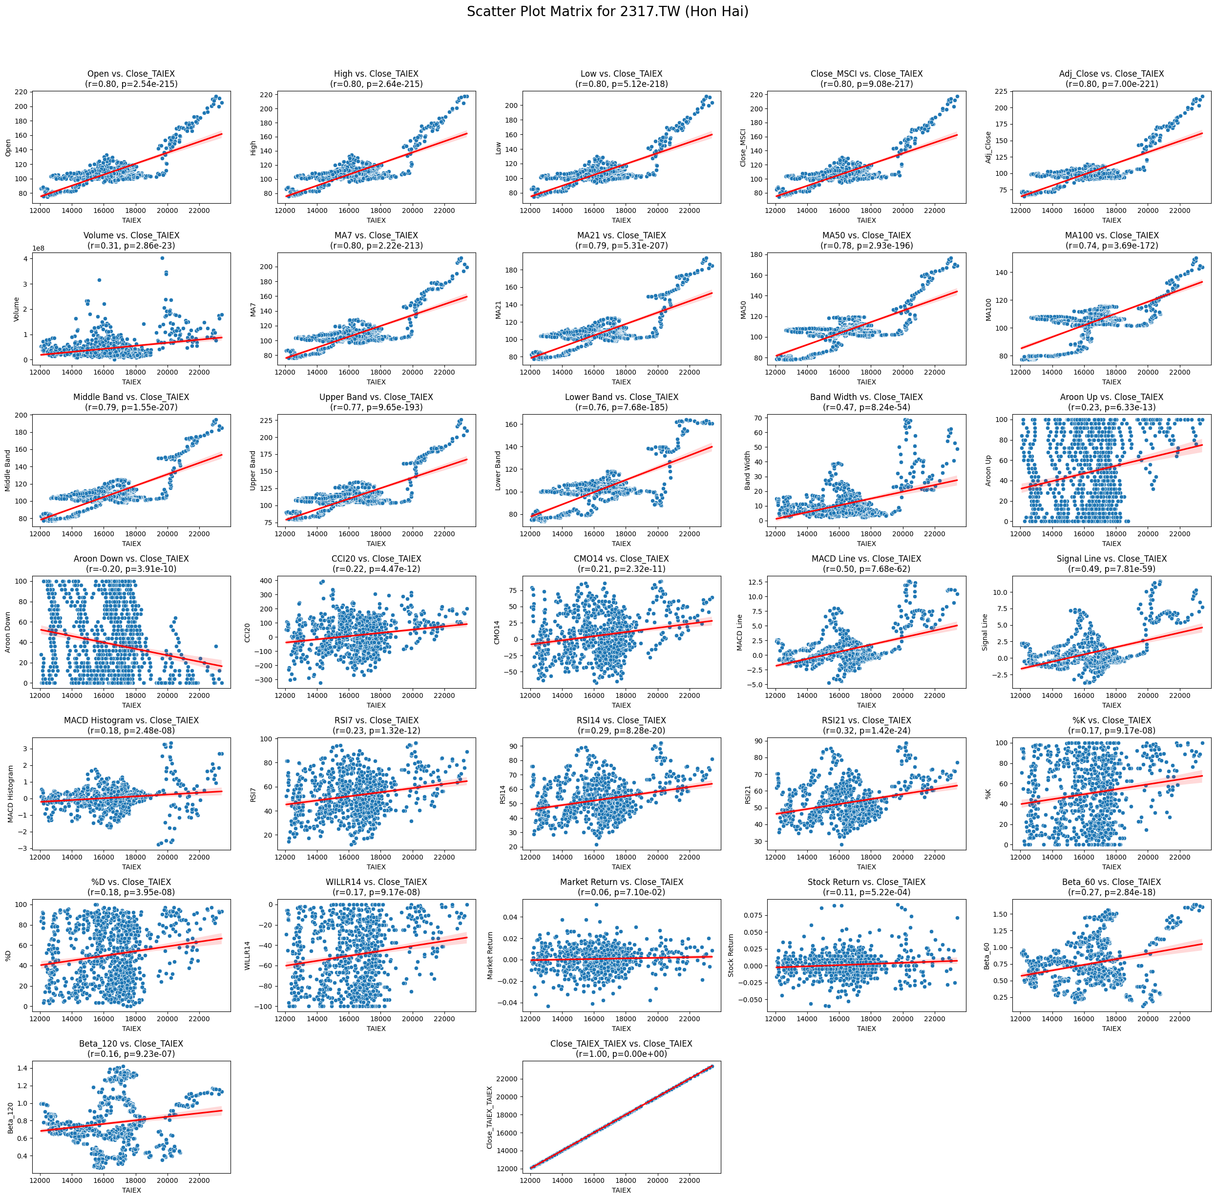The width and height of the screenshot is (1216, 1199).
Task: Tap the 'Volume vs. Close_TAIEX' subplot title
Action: tap(131, 235)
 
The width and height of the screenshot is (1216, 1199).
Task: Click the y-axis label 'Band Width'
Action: tap(748, 470)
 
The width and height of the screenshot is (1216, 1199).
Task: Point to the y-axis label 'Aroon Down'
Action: tap(8, 632)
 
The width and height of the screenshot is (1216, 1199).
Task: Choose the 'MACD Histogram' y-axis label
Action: tap(11, 794)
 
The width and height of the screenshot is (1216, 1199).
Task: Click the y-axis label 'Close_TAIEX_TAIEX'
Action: tap(490, 1117)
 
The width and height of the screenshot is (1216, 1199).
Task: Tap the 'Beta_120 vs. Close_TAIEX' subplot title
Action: tap(131, 1044)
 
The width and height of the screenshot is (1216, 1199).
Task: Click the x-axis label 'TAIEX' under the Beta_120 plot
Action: tap(131, 1190)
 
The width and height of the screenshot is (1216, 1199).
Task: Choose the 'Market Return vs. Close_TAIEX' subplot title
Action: tap(621, 882)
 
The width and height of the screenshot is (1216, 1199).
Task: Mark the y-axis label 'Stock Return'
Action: tap(732, 955)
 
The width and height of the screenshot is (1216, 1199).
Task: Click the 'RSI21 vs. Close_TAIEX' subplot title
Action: tap(866, 720)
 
